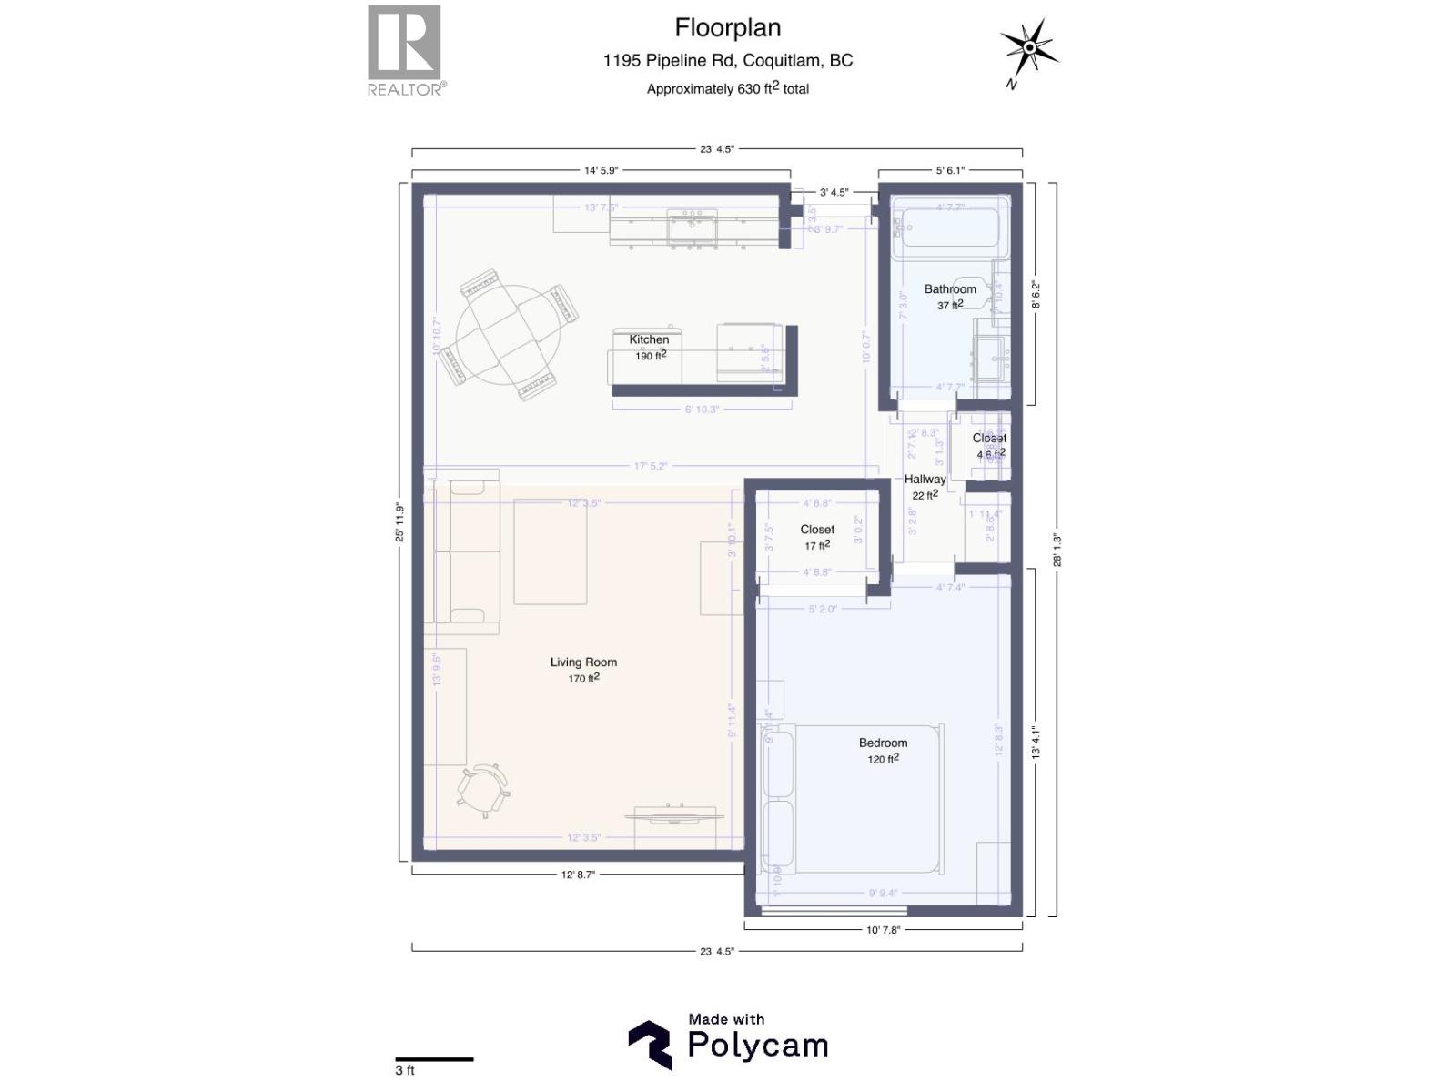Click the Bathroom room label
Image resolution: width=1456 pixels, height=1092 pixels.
pyautogui.click(x=950, y=289)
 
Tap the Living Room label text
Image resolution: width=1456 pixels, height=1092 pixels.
pyautogui.click(x=583, y=662)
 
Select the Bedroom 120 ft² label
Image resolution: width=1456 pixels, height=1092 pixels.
pyautogui.click(x=883, y=751)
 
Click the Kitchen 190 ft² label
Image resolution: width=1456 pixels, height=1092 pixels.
pyautogui.click(x=650, y=347)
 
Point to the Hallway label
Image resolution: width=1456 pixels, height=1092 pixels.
pyautogui.click(x=925, y=480)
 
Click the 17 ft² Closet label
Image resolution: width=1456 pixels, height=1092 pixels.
pyautogui.click(x=817, y=537)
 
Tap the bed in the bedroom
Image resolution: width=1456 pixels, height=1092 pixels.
pyautogui.click(x=851, y=799)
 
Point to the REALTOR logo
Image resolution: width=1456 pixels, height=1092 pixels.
pyautogui.click(x=405, y=49)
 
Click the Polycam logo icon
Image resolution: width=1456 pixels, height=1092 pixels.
pyautogui.click(x=650, y=1044)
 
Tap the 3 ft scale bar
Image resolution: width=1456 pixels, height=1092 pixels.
pyautogui.click(x=434, y=1059)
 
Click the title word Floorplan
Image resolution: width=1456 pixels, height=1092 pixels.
pyautogui.click(x=727, y=28)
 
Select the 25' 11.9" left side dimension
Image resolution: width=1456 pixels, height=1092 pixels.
pyautogui.click(x=399, y=523)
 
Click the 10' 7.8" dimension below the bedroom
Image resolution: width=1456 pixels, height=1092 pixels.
pyautogui.click(x=883, y=930)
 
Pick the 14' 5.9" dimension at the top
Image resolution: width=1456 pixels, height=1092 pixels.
pyautogui.click(x=601, y=170)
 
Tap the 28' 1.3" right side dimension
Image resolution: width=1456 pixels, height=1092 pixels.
pyautogui.click(x=1057, y=550)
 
